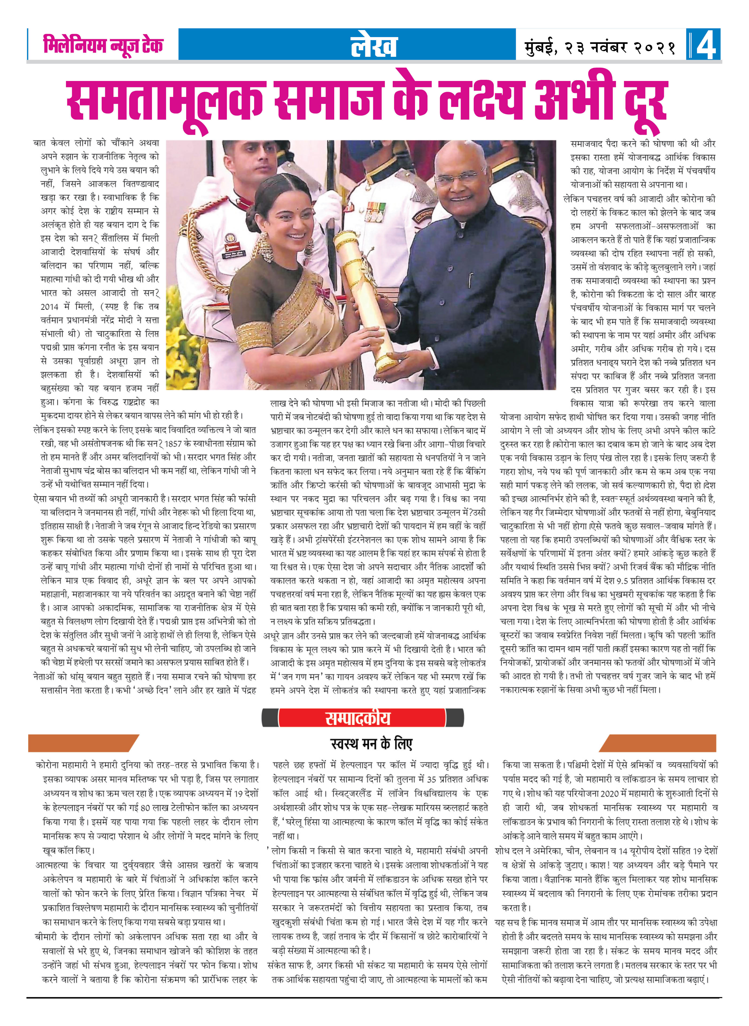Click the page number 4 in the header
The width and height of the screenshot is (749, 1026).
[x=706, y=44]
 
